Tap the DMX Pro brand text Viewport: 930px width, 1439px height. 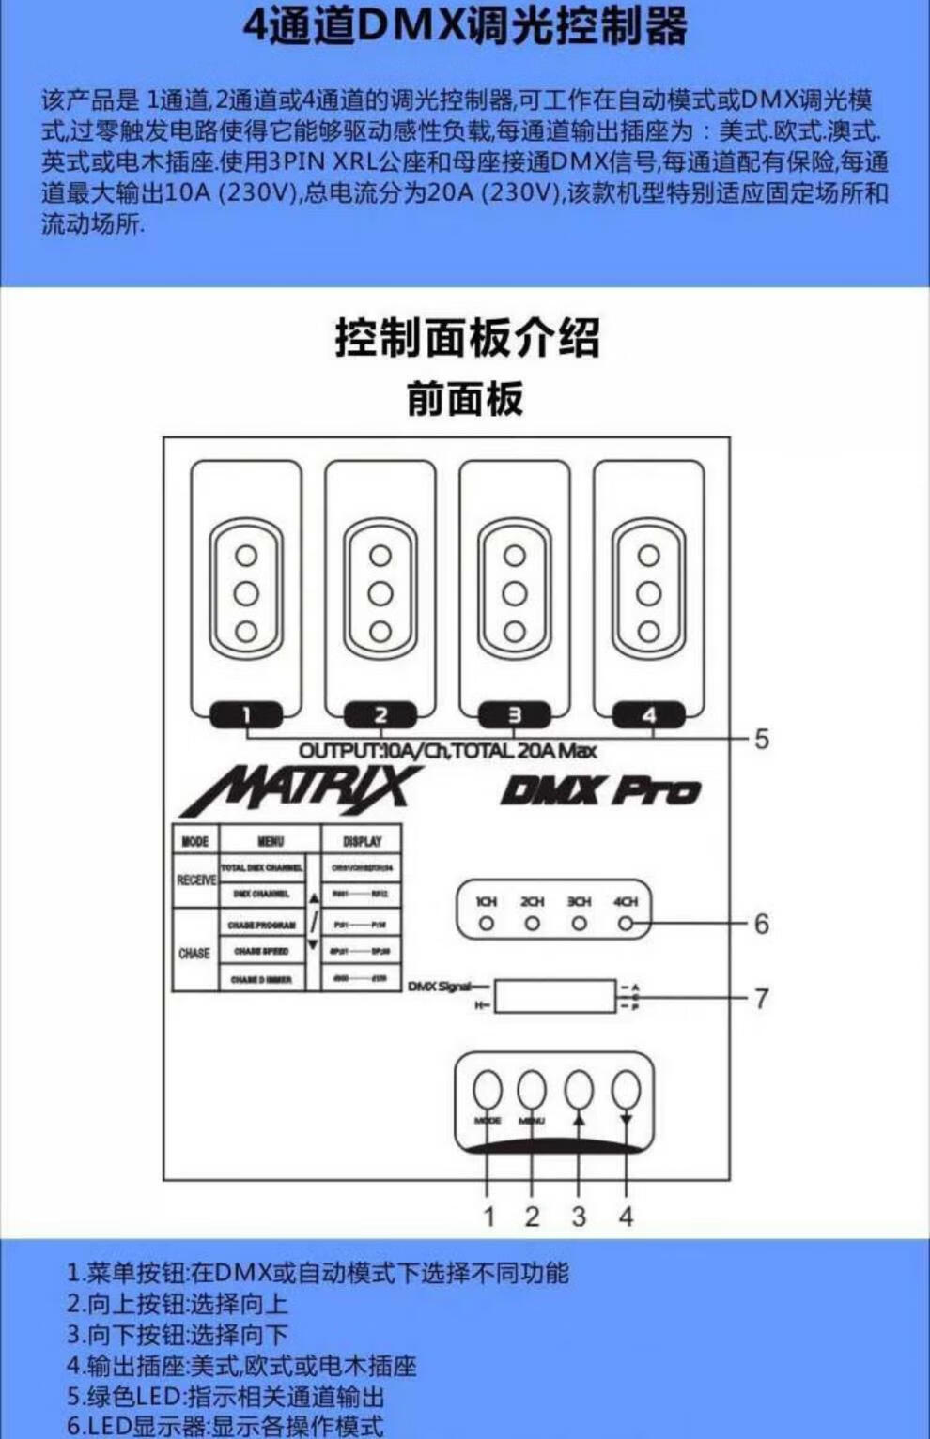600,790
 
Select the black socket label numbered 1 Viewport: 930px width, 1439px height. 246,715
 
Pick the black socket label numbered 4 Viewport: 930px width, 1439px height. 649,715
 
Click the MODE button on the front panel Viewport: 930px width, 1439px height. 487,1091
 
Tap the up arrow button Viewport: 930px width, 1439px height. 579,1091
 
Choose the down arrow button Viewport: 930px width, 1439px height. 626,1091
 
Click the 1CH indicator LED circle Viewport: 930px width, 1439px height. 486,924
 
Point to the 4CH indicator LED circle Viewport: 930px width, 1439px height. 626,924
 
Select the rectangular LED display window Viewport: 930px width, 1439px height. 555,996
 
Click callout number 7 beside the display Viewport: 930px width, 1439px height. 761,998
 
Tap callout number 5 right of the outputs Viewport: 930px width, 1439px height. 761,739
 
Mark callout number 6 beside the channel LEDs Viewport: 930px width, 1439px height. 761,924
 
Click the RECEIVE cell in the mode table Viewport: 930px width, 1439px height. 195,880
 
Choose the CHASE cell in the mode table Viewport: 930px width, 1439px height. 194,953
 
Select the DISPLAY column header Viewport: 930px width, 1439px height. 362,841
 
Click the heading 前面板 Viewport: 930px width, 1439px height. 465,398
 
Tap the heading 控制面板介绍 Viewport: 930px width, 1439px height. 467,338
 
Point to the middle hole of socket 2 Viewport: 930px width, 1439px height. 380,593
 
